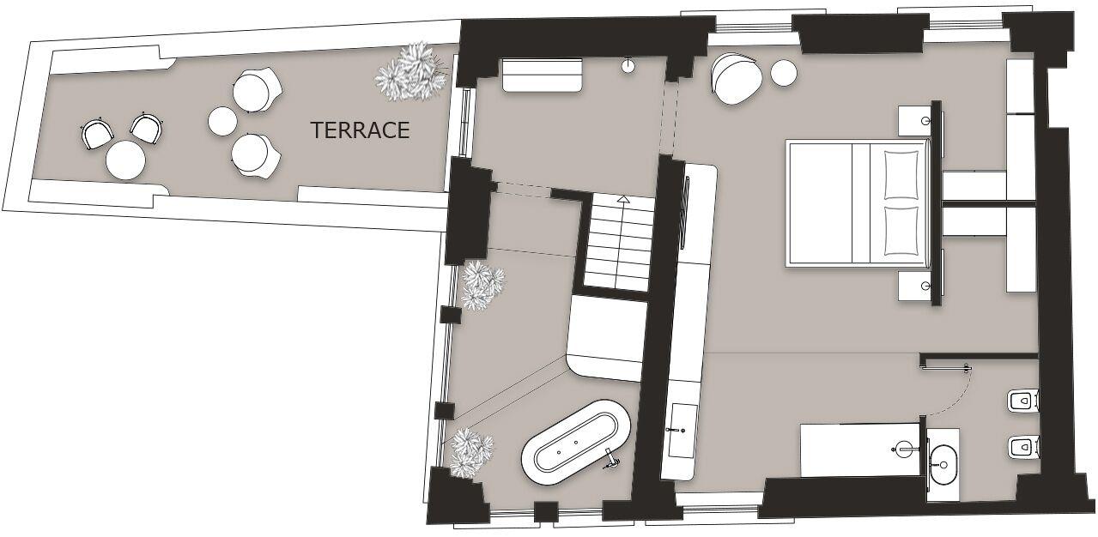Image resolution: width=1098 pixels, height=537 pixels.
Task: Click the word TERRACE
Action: (x=360, y=130)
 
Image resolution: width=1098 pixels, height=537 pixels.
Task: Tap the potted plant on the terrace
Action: (x=412, y=71)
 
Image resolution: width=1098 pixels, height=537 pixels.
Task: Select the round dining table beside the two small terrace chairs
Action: (x=125, y=160)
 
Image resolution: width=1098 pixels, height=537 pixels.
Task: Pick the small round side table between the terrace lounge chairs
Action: (x=222, y=121)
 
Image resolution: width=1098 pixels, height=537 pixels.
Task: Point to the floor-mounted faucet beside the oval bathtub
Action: (x=613, y=461)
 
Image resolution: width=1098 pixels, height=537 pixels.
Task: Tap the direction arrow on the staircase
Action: (x=623, y=199)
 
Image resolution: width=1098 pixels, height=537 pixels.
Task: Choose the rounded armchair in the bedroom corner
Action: (x=737, y=79)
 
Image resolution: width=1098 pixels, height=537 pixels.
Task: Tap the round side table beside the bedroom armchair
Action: (x=784, y=73)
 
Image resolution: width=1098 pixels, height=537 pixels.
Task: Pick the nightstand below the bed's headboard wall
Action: (x=914, y=286)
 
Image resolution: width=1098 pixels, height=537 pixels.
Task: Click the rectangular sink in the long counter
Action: (x=683, y=430)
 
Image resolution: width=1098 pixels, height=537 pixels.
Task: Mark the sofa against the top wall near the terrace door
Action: (x=542, y=75)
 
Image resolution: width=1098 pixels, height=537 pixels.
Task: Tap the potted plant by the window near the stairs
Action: (x=482, y=286)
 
